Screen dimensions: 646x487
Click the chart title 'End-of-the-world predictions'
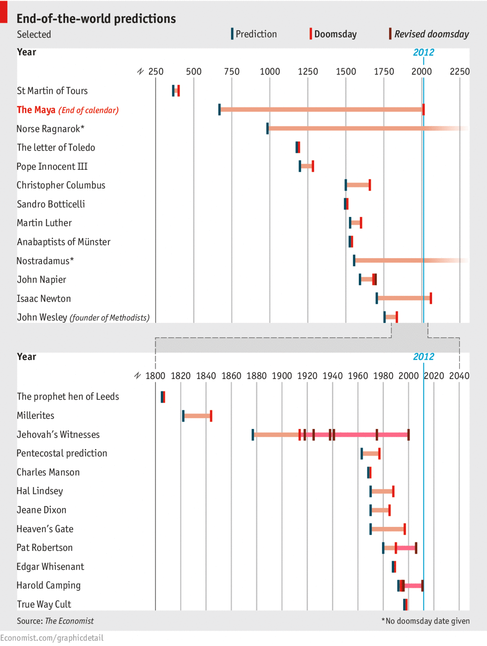(96, 19)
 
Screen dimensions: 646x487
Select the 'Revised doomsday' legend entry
(431, 34)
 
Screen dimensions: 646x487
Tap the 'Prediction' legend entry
(256, 34)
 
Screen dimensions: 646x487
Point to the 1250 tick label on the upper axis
(308, 72)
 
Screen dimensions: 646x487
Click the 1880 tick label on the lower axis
(257, 376)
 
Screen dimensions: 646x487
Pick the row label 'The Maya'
(36, 110)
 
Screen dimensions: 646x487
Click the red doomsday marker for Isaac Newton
(431, 298)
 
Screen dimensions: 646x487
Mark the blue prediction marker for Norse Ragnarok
(268, 129)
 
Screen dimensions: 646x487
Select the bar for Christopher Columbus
(358, 185)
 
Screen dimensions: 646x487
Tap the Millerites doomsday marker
(211, 416)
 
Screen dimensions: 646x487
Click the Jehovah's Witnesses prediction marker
(253, 435)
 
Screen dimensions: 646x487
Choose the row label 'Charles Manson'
(48, 472)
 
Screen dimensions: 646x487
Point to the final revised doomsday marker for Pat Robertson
(416, 548)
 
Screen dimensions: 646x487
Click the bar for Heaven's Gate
(388, 529)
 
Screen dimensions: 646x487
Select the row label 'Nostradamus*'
(45, 261)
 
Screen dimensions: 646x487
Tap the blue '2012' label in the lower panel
(424, 357)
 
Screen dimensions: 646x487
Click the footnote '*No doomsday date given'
(426, 621)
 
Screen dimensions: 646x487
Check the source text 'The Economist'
(69, 621)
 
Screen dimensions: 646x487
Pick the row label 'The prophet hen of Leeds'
(68, 396)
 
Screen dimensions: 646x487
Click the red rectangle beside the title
(4, 12)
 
